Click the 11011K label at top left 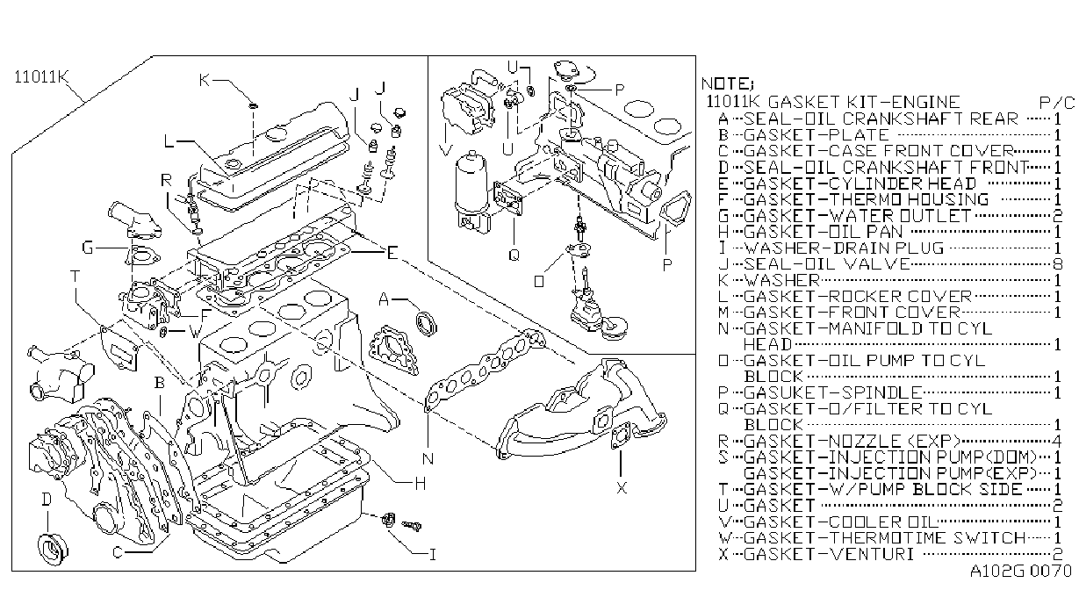coord(41,77)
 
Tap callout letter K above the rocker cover coord(205,80)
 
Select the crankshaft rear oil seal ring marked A coord(427,323)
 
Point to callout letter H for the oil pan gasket coord(420,483)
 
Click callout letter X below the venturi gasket coord(622,488)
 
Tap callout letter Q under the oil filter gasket coord(514,255)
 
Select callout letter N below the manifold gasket coord(428,458)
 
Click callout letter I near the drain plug coord(432,555)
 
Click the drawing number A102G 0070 coord(1020,571)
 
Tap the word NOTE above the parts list coord(724,83)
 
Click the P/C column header coord(1056,103)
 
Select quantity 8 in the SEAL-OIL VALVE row coord(1057,264)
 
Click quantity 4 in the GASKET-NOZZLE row coord(1057,441)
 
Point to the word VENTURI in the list coord(872,554)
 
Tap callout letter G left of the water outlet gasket coord(88,248)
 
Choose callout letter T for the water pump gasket coord(75,276)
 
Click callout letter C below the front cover coord(117,552)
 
